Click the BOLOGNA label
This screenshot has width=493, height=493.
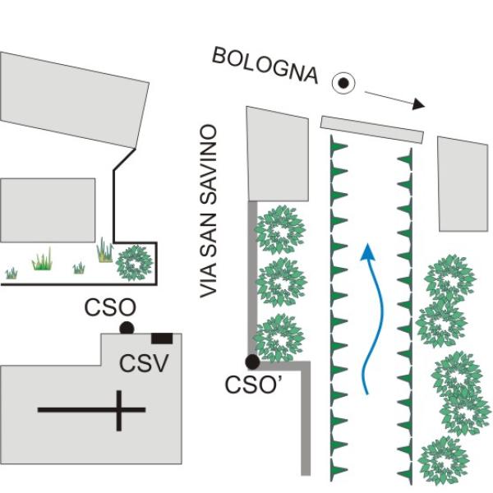pyautogui.click(x=265, y=66)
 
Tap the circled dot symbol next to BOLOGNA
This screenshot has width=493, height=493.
pyautogui.click(x=343, y=82)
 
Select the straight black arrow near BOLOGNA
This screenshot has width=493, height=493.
pyautogui.click(x=395, y=99)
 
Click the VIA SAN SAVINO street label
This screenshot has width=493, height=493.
pyautogui.click(x=211, y=211)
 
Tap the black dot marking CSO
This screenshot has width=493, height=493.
pyautogui.click(x=127, y=328)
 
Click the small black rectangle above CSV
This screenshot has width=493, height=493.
pyautogui.click(x=161, y=338)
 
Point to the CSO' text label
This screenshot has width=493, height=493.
pyautogui.click(x=251, y=385)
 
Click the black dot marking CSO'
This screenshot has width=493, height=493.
pyautogui.click(x=252, y=361)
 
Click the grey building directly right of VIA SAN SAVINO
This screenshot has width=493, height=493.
pyautogui.click(x=276, y=153)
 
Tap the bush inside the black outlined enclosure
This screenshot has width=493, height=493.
pyautogui.click(x=134, y=263)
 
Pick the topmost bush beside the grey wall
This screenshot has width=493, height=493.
pyautogui.click(x=280, y=230)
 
